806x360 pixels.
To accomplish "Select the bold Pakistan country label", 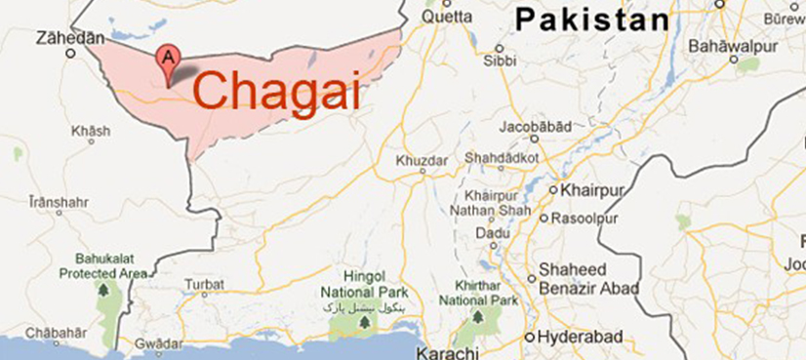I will (x=593, y=19).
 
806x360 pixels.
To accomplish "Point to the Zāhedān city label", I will (x=68, y=38).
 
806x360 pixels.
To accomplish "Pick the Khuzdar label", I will (x=422, y=160).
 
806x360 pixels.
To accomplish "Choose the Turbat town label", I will (x=204, y=285).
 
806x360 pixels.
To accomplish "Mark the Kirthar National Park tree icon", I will (x=477, y=318).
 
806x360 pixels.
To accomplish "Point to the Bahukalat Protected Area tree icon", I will (x=103, y=290).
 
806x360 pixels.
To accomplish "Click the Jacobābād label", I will (x=534, y=127).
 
